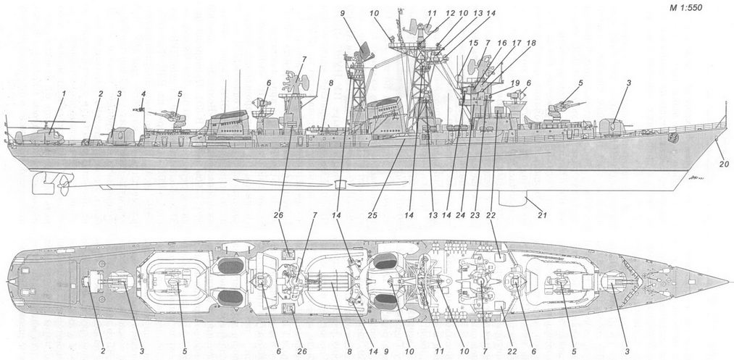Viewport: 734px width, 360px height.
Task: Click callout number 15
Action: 472,43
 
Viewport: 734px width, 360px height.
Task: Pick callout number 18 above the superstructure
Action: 531,43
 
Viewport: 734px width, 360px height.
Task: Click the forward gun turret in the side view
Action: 612,127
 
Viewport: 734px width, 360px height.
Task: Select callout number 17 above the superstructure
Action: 517,43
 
